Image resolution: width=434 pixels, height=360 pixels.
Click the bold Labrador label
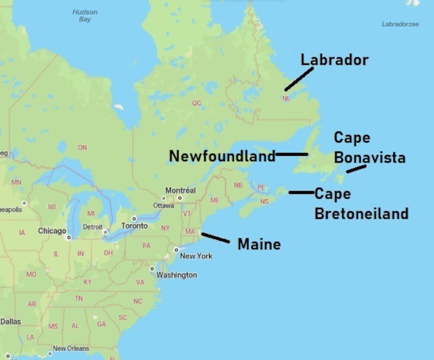pyautogui.click(x=334, y=60)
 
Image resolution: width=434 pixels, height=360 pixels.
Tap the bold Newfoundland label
pyautogui.click(x=222, y=156)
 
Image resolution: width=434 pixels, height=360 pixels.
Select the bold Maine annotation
pyautogui.click(x=259, y=244)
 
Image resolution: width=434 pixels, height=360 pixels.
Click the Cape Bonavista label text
pyautogui.click(x=369, y=148)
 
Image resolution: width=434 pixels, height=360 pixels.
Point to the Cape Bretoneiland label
pyautogui.click(x=361, y=204)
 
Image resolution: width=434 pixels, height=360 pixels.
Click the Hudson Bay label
pyautogui.click(x=85, y=16)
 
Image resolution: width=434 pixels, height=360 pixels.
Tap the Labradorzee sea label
pyautogui.click(x=400, y=24)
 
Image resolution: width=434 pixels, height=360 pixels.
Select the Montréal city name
pyautogui.click(x=180, y=191)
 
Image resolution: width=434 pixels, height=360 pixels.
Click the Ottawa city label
pyautogui.click(x=163, y=206)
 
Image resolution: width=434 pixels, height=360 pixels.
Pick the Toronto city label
pyautogui.click(x=134, y=225)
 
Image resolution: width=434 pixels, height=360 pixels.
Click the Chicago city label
pyautogui.click(x=52, y=231)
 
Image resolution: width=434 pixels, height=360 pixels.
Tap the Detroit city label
pyautogui.click(x=93, y=226)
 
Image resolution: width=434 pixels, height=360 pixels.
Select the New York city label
pyautogui.click(x=196, y=256)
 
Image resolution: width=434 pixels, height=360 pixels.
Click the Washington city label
pyautogui.click(x=176, y=275)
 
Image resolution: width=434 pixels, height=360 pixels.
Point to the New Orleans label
pyautogui.click(x=71, y=349)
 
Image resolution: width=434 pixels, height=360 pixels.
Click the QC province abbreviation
pyautogui.click(x=196, y=103)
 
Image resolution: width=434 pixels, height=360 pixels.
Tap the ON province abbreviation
pyautogui.click(x=82, y=148)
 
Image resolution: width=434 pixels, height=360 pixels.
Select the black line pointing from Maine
pyautogui.click(x=215, y=238)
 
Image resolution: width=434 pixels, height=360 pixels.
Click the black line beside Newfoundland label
pyautogui.click(x=291, y=154)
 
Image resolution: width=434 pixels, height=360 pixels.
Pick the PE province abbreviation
pyautogui.click(x=261, y=188)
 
